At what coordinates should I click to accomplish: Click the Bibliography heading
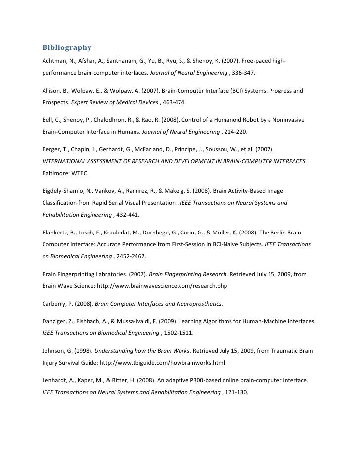click(x=67, y=48)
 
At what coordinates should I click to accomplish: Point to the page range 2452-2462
click(x=132, y=257)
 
